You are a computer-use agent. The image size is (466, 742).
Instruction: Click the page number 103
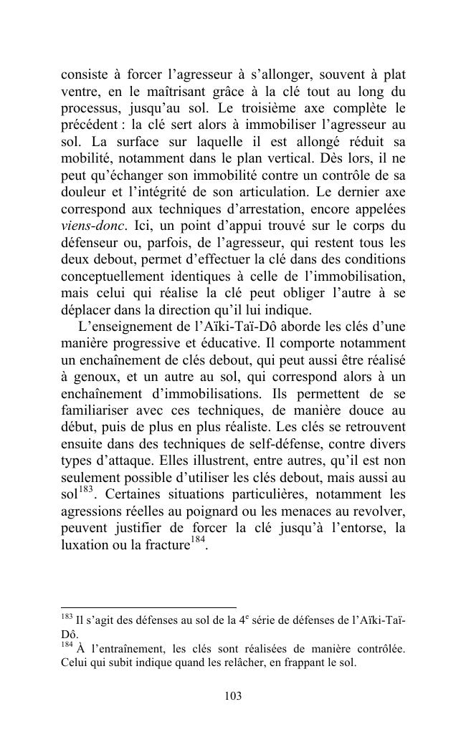[233, 695]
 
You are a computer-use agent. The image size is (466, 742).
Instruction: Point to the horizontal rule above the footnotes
[148, 607]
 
